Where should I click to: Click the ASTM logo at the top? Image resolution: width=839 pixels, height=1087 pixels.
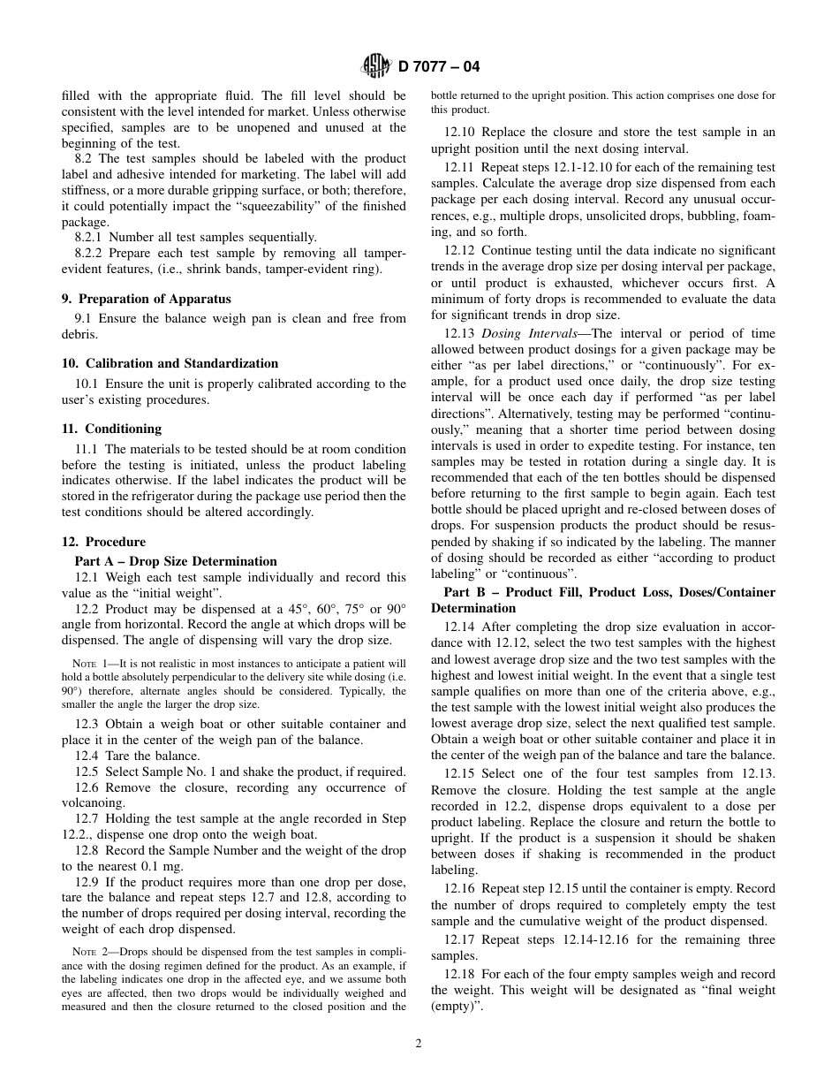coord(375,66)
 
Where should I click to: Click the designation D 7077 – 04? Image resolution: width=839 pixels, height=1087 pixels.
coord(439,67)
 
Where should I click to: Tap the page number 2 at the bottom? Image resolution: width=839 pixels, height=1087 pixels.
coord(419,1043)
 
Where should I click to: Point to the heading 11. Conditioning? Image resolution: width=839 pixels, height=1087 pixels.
coord(111,429)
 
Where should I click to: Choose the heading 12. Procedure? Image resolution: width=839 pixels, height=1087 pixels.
coord(103,542)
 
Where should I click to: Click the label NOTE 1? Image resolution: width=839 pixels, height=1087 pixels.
coord(88,664)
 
